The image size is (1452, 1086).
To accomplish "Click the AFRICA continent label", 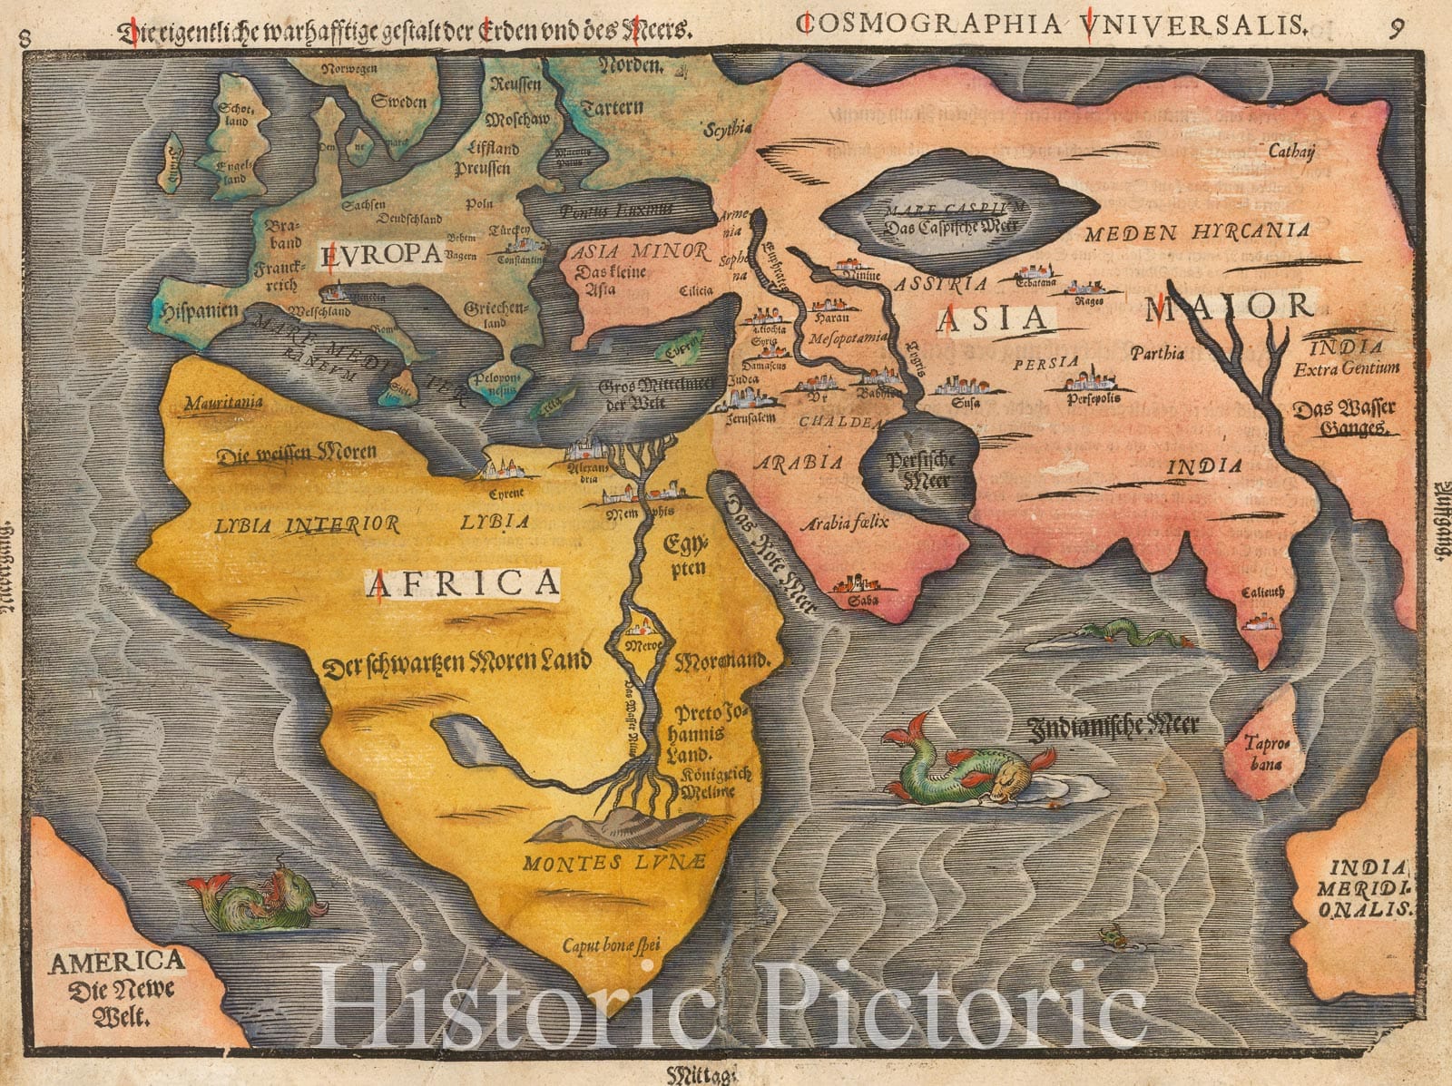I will click(x=463, y=583).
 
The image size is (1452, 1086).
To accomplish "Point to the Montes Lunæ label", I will click(x=613, y=862).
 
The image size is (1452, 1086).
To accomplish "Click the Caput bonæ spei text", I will click(x=611, y=946).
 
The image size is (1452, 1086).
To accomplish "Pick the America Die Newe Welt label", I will click(x=116, y=987).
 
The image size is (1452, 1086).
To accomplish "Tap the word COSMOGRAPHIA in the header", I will click(x=927, y=24).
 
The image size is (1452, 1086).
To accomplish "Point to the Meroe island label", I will click(x=644, y=645).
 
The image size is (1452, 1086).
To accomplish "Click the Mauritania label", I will click(x=223, y=402).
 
